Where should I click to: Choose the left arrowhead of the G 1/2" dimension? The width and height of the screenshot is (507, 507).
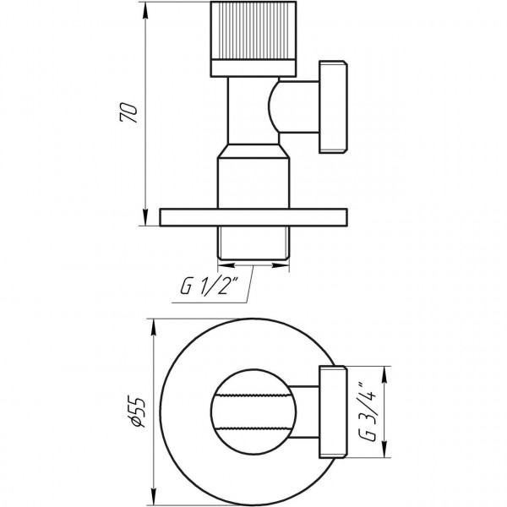[x=222, y=264]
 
